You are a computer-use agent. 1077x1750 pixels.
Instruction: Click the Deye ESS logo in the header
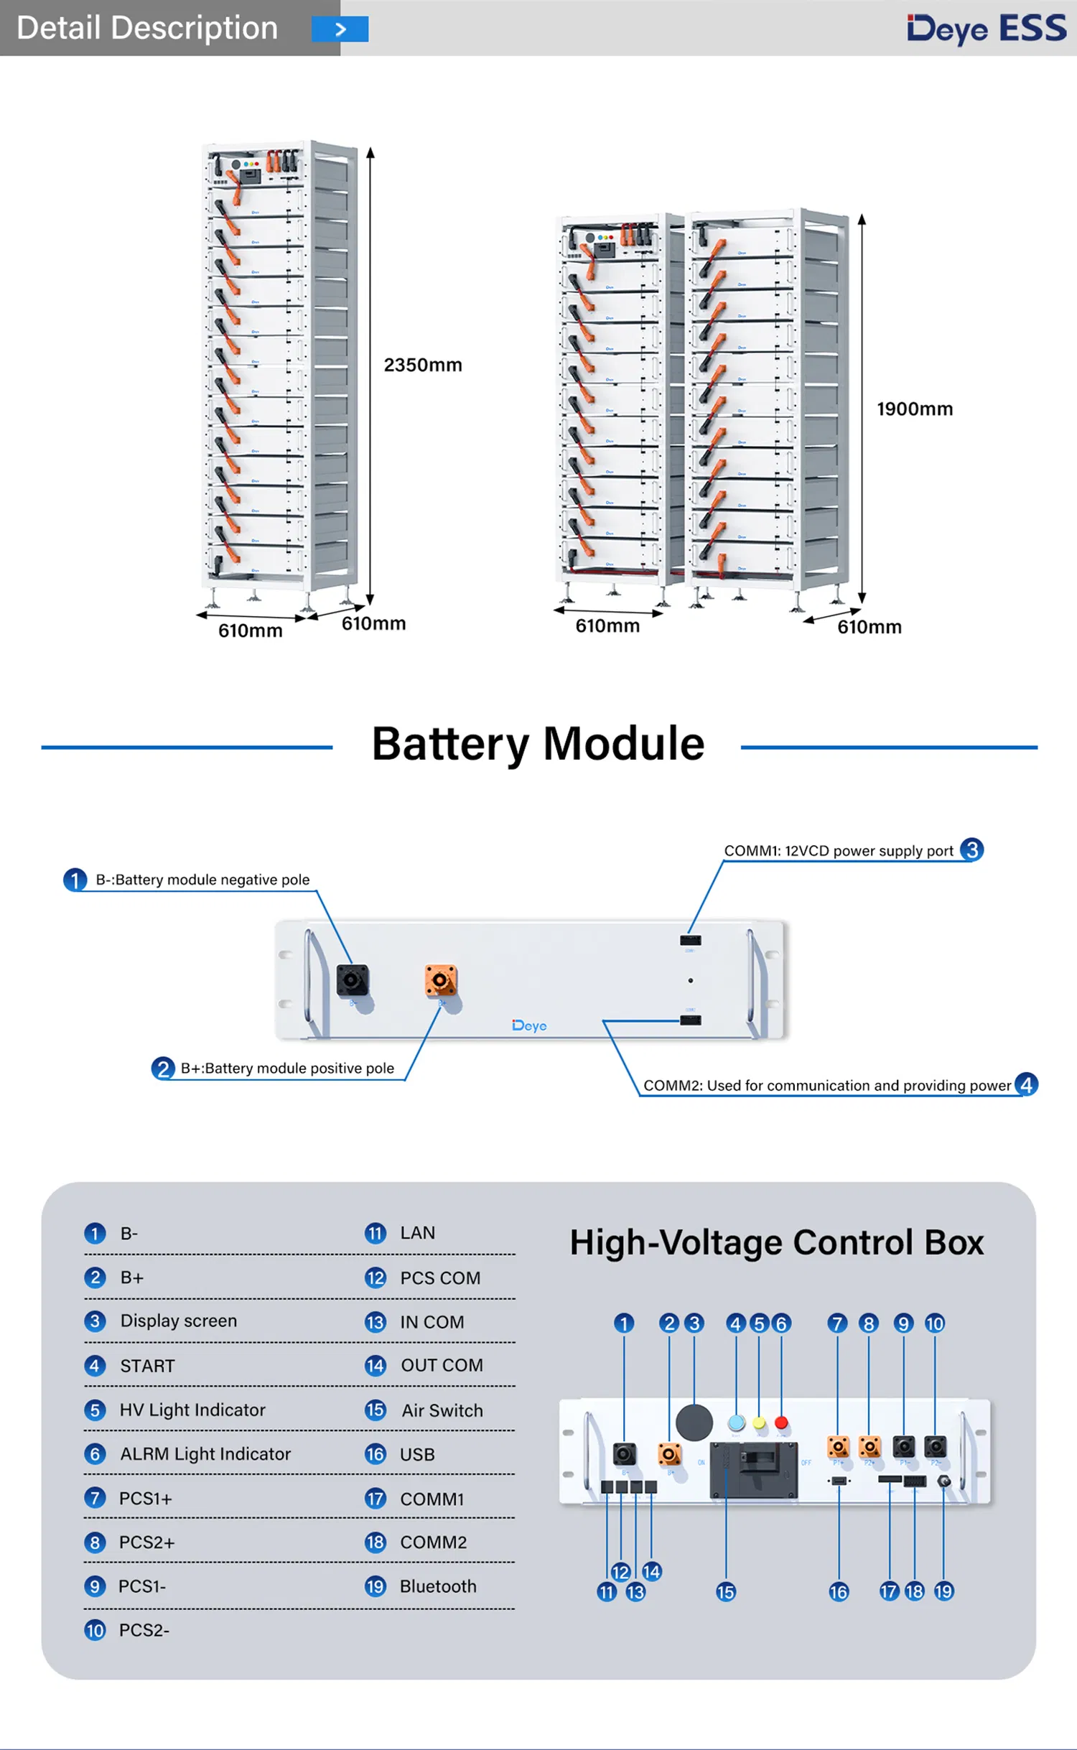(x=987, y=29)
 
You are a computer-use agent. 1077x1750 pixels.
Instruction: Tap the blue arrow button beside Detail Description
(x=340, y=29)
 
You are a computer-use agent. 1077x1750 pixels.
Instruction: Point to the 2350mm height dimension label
(x=423, y=365)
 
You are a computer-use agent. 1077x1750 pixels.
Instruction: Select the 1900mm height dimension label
(x=915, y=409)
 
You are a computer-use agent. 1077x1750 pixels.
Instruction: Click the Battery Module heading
(x=538, y=743)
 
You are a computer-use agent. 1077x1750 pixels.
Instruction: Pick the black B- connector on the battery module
(x=353, y=980)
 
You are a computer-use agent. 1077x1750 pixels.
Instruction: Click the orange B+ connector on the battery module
(x=440, y=980)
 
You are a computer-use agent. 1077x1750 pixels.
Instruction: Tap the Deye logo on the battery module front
(x=529, y=1025)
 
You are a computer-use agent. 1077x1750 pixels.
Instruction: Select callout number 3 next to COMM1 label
(x=971, y=850)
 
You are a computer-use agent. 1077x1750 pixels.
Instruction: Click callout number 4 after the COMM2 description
(x=1026, y=1084)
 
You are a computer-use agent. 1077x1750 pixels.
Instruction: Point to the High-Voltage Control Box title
(x=776, y=1242)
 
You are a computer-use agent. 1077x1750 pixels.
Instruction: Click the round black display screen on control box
(x=694, y=1422)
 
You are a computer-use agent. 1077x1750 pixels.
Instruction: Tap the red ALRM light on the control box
(x=781, y=1423)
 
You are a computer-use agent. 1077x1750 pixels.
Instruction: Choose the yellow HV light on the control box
(x=759, y=1423)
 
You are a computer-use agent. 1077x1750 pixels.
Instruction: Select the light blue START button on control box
(x=736, y=1423)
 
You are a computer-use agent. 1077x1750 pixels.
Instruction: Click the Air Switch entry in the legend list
(x=442, y=1410)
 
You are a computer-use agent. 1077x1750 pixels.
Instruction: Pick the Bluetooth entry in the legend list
(x=437, y=1586)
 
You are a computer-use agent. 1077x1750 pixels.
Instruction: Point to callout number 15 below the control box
(x=726, y=1592)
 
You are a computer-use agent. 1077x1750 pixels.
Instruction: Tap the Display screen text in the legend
(x=178, y=1321)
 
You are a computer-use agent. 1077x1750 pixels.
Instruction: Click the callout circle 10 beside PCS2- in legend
(x=95, y=1631)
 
